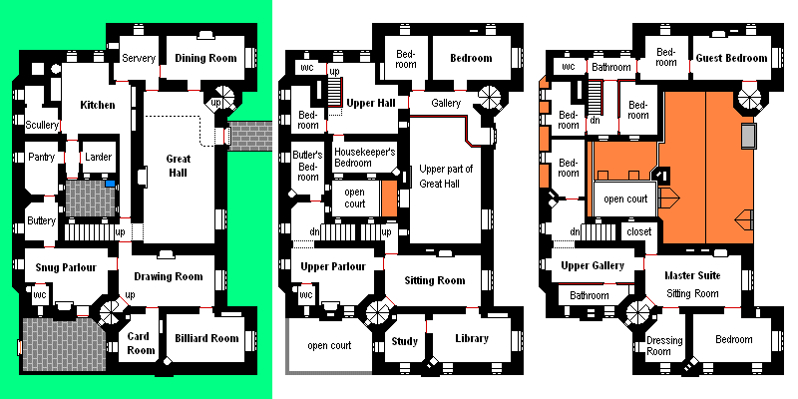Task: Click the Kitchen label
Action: (x=97, y=106)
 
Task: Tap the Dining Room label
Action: (x=205, y=58)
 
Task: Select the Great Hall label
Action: (x=179, y=166)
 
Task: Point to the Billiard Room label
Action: (x=206, y=338)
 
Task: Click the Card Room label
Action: (x=138, y=343)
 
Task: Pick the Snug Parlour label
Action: (x=66, y=267)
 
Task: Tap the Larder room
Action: (x=98, y=157)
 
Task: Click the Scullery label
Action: (x=41, y=125)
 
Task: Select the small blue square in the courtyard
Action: (x=110, y=184)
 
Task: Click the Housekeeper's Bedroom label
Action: (x=364, y=158)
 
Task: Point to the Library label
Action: (x=471, y=338)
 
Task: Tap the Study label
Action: (x=405, y=341)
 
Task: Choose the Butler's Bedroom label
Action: (x=308, y=167)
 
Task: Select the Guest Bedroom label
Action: (x=731, y=58)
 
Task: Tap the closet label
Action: (x=639, y=232)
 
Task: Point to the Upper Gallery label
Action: (x=593, y=265)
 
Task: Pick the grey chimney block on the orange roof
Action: (x=749, y=136)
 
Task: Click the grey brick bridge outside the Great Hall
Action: (x=250, y=137)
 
